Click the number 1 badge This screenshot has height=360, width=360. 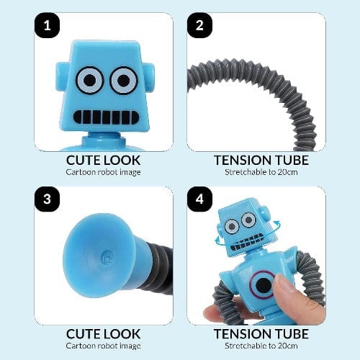(x=47, y=25)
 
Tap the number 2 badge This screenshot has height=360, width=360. (x=199, y=25)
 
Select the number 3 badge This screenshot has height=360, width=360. (x=47, y=199)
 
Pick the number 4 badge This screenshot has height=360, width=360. (x=199, y=199)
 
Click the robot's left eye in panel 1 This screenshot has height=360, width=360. (x=89, y=80)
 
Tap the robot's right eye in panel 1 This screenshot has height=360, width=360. (x=124, y=80)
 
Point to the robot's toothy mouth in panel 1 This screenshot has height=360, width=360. (x=106, y=117)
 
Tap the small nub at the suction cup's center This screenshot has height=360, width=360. (x=107, y=257)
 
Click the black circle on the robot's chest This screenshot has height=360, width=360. (x=264, y=285)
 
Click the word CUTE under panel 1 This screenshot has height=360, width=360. (x=81, y=161)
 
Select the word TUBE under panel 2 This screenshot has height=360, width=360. (x=292, y=161)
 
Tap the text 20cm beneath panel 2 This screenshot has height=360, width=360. (x=287, y=172)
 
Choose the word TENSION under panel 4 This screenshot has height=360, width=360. (x=243, y=334)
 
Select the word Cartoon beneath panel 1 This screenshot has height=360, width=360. (x=81, y=172)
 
